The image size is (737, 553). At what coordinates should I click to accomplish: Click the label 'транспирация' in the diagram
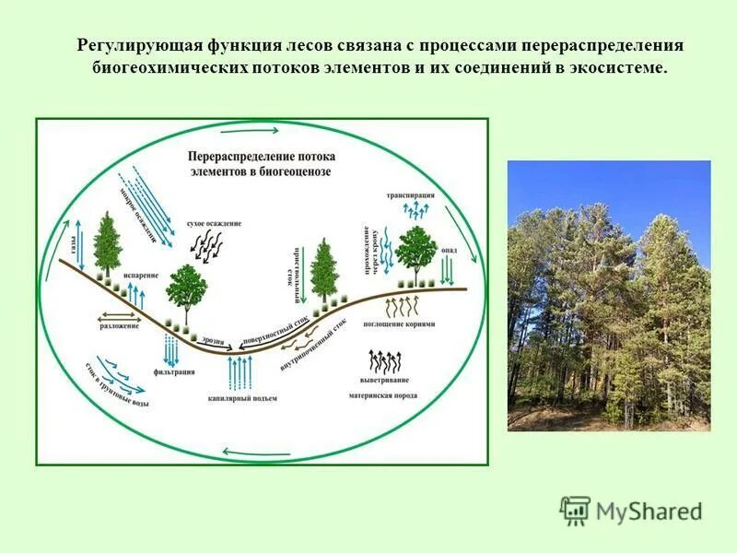click(410, 195)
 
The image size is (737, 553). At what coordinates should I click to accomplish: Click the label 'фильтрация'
click(173, 371)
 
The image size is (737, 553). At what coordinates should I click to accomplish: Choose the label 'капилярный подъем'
click(241, 398)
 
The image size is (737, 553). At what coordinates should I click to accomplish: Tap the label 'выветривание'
click(385, 380)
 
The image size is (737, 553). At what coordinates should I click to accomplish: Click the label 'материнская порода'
click(382, 395)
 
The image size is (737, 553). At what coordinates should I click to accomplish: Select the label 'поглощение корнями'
click(399, 324)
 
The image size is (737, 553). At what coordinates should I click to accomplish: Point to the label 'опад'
click(450, 250)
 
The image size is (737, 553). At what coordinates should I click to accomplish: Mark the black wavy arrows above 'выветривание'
click(384, 360)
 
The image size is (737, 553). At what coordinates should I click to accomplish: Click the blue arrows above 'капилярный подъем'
click(241, 373)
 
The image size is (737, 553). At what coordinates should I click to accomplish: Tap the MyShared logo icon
click(575, 512)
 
